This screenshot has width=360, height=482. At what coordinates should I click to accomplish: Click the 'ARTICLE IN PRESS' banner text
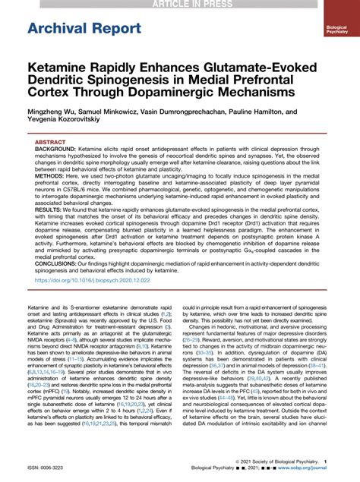pyautogui.click(x=180, y=4)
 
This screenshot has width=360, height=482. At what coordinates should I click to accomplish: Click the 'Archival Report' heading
pyautogui.click(x=74, y=29)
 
